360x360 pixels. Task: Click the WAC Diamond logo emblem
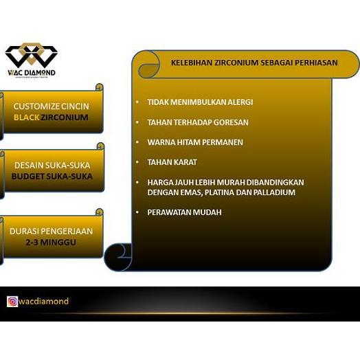click(31, 55)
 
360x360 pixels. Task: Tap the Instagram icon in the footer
click(12, 301)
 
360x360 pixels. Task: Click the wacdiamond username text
click(44, 301)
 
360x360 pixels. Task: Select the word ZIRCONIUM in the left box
click(65, 117)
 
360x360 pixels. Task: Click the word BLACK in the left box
click(27, 117)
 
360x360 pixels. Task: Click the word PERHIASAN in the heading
click(313, 63)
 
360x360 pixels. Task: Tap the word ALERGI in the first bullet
click(238, 102)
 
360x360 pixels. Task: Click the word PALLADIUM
click(273, 192)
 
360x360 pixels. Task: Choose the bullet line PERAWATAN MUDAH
click(184, 212)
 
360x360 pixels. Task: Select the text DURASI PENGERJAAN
click(52, 232)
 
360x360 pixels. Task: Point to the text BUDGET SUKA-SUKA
click(52, 176)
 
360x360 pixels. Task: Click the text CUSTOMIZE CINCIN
click(52, 106)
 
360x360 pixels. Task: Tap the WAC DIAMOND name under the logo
click(31, 72)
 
